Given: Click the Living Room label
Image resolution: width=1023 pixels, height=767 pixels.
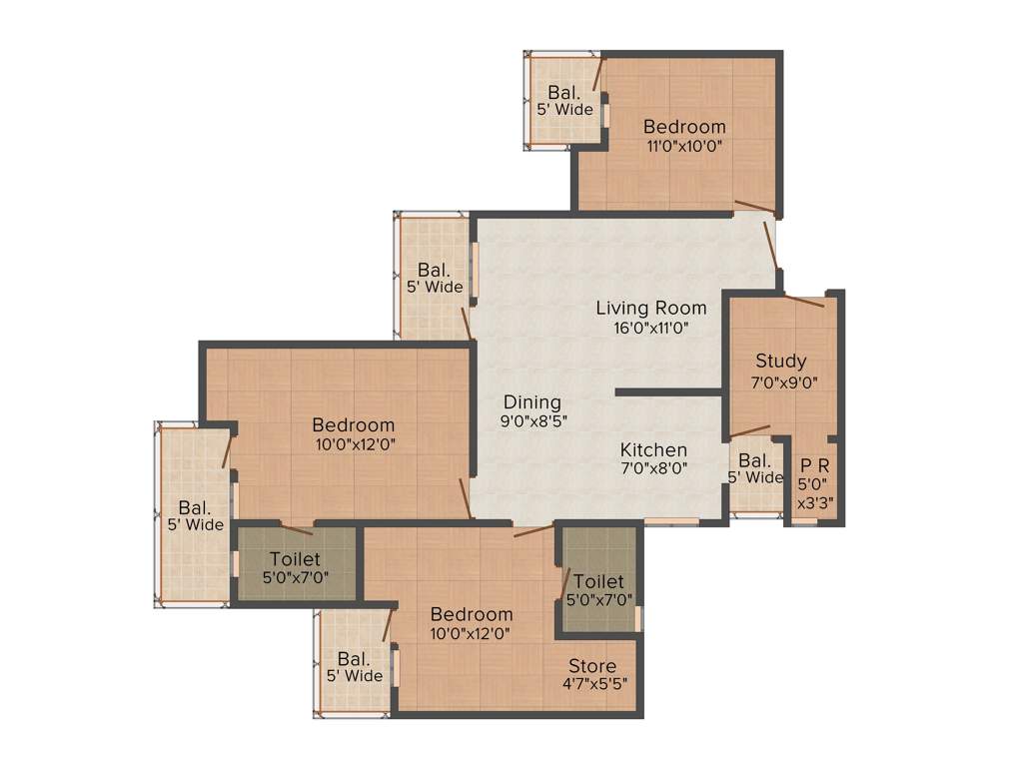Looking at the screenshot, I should tap(650, 308).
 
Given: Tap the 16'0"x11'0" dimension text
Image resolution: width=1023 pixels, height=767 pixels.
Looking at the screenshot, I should tap(650, 327).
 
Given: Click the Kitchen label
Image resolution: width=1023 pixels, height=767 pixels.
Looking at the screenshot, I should tap(653, 450).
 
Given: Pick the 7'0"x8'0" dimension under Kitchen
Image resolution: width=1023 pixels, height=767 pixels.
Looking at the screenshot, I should tap(653, 468).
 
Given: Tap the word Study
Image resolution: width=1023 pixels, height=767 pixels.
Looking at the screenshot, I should tap(780, 362).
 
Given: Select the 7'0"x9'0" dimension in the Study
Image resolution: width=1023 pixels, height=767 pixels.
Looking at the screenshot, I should tap(780, 381).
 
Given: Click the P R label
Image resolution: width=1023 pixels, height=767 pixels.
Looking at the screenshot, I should tap(813, 465).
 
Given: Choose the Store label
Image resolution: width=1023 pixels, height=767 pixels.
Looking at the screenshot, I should tap(592, 666).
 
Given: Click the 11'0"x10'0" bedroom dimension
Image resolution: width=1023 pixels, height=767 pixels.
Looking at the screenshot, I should tap(684, 146).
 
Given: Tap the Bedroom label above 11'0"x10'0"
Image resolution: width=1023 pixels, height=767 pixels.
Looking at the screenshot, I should tap(684, 127).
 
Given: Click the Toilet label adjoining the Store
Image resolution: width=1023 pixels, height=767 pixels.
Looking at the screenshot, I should tap(598, 581).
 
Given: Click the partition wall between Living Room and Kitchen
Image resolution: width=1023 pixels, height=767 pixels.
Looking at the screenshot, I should tap(668, 392).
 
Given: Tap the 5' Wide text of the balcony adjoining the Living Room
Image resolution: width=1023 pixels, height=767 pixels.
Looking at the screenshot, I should tap(435, 288).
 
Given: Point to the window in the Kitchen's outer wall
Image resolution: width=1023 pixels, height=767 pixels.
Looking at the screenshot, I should tap(671, 521).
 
